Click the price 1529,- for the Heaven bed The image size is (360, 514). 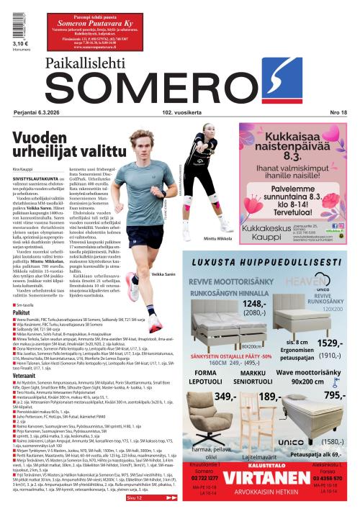330,344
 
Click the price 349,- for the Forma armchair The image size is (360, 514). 225,397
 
